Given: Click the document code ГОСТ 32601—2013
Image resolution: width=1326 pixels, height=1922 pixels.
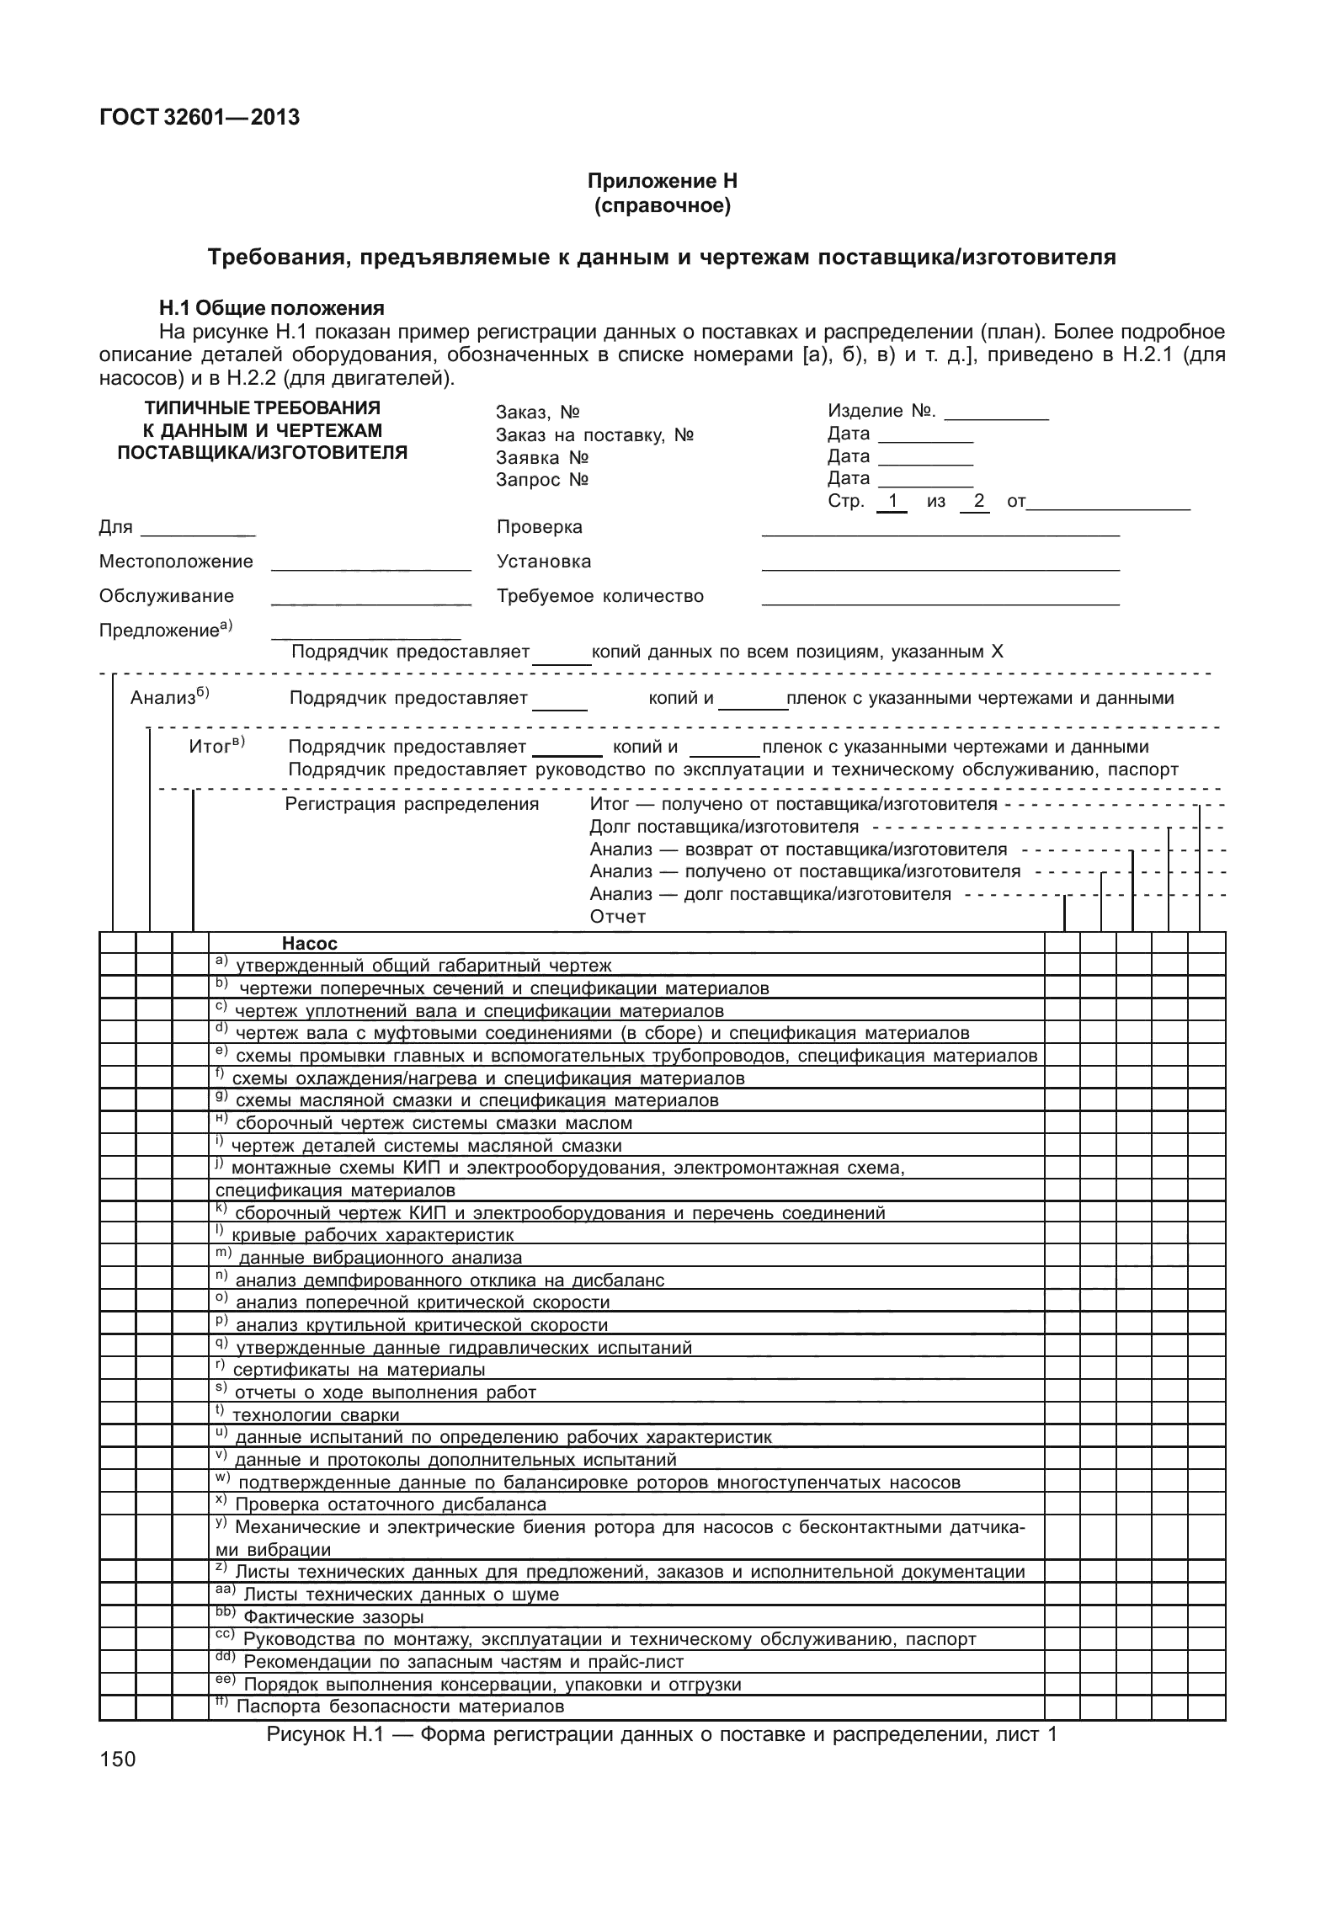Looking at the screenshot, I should click(x=200, y=118).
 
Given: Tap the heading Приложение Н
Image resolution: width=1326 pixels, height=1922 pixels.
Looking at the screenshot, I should click(x=662, y=181).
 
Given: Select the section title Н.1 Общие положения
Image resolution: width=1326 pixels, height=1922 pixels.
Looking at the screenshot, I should click(x=272, y=308).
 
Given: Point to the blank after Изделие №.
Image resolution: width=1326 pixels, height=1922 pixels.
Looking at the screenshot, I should click(x=996, y=413).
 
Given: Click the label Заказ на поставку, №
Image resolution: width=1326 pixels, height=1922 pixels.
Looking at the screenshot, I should click(x=594, y=435).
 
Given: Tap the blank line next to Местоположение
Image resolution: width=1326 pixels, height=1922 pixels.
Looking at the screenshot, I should click(x=370, y=564).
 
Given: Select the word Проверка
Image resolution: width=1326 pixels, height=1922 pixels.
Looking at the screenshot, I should click(x=540, y=527).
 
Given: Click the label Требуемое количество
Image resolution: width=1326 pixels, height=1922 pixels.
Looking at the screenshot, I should click(x=599, y=596).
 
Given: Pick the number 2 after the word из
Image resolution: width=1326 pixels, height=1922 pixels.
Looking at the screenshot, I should click(x=978, y=501).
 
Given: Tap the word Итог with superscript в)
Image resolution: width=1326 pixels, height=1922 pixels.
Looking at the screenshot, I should click(x=210, y=747).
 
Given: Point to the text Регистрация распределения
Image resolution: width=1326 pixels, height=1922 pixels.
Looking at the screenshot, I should click(x=412, y=804).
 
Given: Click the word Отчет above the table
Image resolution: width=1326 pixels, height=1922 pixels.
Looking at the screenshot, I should click(x=617, y=917).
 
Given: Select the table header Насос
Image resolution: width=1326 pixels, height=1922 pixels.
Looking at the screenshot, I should click(x=309, y=944).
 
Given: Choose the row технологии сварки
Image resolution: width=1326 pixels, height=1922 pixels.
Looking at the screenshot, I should click(x=315, y=1415).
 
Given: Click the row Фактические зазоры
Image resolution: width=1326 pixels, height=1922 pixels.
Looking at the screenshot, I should click(x=333, y=1617).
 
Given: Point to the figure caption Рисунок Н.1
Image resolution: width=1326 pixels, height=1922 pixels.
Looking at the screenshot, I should click(x=661, y=1734).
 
